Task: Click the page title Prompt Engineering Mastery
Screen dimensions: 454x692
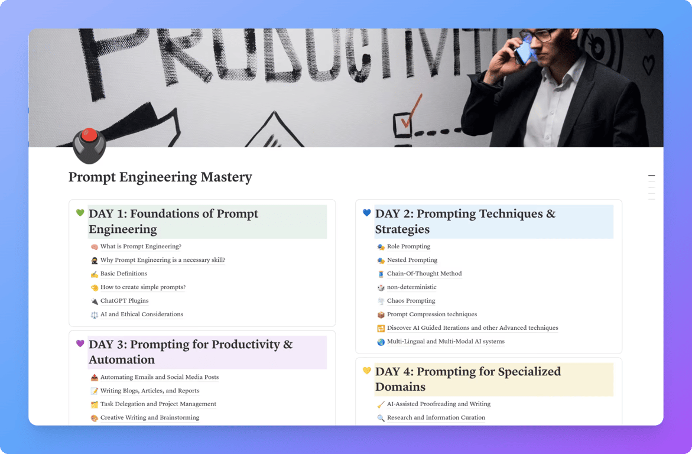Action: pos(160,177)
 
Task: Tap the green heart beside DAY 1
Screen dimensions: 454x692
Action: pos(80,213)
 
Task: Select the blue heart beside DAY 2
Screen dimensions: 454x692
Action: pos(366,213)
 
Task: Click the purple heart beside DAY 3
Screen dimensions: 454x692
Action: pos(80,343)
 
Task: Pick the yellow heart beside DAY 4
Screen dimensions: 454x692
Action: pos(366,371)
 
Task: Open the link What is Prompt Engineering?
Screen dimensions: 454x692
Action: pos(141,247)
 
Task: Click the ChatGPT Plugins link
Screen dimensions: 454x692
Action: pos(124,301)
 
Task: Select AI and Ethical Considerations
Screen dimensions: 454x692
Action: pos(141,314)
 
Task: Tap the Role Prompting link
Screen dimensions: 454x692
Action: pos(408,247)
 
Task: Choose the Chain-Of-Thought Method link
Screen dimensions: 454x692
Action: pos(424,274)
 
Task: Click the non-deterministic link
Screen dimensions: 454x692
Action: pos(411,287)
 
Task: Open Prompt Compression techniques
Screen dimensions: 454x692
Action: pos(431,314)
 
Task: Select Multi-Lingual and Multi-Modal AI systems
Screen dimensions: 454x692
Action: pos(446,342)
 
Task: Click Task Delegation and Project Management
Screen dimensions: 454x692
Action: pos(158,404)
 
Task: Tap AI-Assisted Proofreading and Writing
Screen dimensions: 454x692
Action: pos(438,404)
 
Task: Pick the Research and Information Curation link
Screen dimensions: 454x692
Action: pos(436,418)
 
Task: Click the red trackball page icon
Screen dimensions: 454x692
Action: pos(89,145)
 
